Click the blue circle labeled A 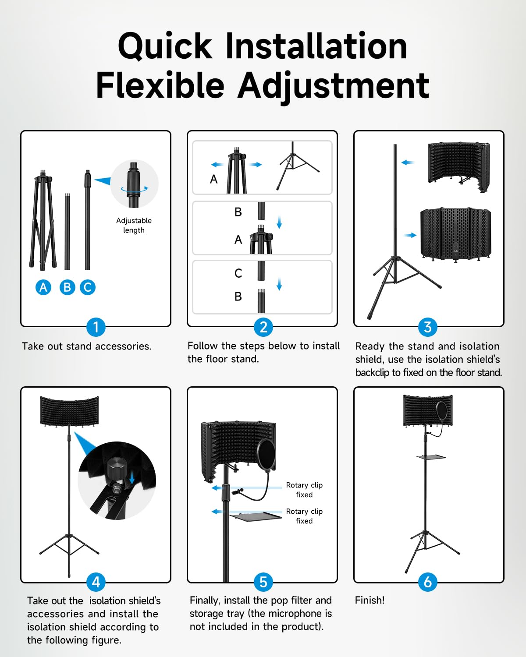[43, 287]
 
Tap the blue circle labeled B [67, 287]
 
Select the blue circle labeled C [88, 287]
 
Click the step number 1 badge [96, 327]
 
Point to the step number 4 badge [96, 582]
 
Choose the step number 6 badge [427, 582]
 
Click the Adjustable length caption [134, 225]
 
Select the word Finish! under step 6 [370, 600]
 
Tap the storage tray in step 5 [256, 516]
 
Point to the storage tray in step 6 [431, 457]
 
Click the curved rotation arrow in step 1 [135, 190]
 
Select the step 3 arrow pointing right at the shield [410, 235]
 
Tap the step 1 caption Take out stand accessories [86, 346]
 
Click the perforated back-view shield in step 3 [456, 234]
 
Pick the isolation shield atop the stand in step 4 [70, 411]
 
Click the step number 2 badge [263, 327]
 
